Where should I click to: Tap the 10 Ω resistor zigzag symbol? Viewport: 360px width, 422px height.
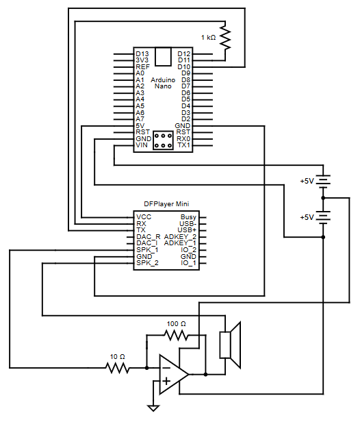(x=118, y=368)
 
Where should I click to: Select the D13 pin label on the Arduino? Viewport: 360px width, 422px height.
(x=142, y=53)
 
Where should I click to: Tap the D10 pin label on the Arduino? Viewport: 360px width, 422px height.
(x=183, y=66)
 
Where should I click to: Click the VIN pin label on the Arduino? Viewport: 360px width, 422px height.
(x=142, y=145)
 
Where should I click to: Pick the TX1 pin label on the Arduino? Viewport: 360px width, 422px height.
(x=183, y=145)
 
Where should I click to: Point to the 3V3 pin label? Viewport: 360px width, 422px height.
(x=142, y=60)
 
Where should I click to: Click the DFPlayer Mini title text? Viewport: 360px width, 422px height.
(x=166, y=203)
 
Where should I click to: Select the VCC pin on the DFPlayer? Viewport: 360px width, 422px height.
(x=144, y=216)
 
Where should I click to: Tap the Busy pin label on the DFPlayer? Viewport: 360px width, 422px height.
(x=188, y=216)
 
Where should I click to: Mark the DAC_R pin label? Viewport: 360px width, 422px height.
(x=148, y=236)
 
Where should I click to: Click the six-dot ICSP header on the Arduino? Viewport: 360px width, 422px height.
(x=163, y=141)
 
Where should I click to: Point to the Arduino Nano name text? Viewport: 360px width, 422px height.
(x=162, y=83)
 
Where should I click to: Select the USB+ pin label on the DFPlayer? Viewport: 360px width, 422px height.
(x=187, y=229)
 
